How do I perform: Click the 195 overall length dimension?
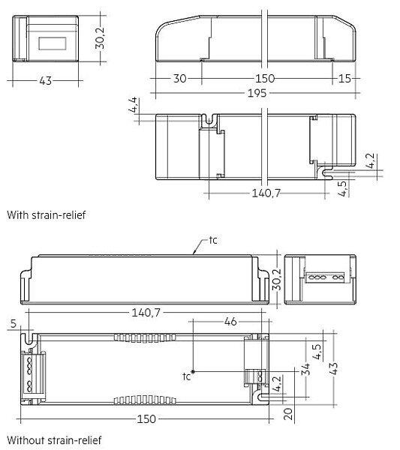[257, 93]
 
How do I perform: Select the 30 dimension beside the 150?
[180, 78]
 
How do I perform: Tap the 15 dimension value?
[344, 78]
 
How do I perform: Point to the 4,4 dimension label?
[133, 105]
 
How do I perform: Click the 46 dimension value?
[230, 322]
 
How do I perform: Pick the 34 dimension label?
[305, 369]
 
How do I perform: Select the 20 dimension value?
[288, 414]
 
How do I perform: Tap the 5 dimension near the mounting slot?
[14, 323]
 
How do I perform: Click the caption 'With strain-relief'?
[47, 215]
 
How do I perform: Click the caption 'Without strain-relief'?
[54, 440]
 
